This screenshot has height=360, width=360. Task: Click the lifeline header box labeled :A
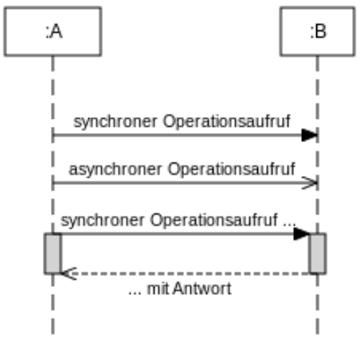point(53,31)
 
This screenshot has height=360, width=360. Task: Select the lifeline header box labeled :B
point(317,31)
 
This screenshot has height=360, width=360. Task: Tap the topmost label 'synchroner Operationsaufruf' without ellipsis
point(181,121)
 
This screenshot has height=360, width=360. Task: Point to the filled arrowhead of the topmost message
point(309,135)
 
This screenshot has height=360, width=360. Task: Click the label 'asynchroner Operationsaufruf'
point(181,168)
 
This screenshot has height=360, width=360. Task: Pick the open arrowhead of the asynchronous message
point(310,182)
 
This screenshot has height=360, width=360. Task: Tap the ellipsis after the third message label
point(289,218)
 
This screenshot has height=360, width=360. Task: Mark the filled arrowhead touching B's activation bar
point(302,233)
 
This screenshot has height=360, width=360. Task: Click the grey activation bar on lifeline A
point(53,253)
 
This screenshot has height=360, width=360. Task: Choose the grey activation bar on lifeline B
point(317,253)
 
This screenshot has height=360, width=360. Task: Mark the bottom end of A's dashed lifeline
point(53,333)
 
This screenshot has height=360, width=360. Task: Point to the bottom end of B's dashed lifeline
point(317,333)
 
